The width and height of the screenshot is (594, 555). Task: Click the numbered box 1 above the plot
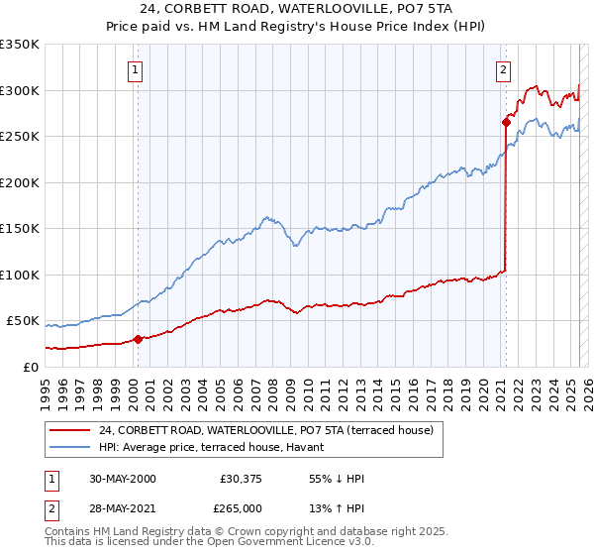click(x=134, y=69)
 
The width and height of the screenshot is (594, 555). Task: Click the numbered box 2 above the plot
click(x=504, y=69)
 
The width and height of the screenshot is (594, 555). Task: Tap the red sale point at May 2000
click(x=139, y=339)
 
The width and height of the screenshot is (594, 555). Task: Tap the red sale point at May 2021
click(x=506, y=124)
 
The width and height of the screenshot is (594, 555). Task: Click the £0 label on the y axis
click(x=29, y=367)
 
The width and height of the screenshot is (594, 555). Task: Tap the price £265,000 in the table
click(x=241, y=507)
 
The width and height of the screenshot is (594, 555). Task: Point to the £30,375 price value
click(x=241, y=479)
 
